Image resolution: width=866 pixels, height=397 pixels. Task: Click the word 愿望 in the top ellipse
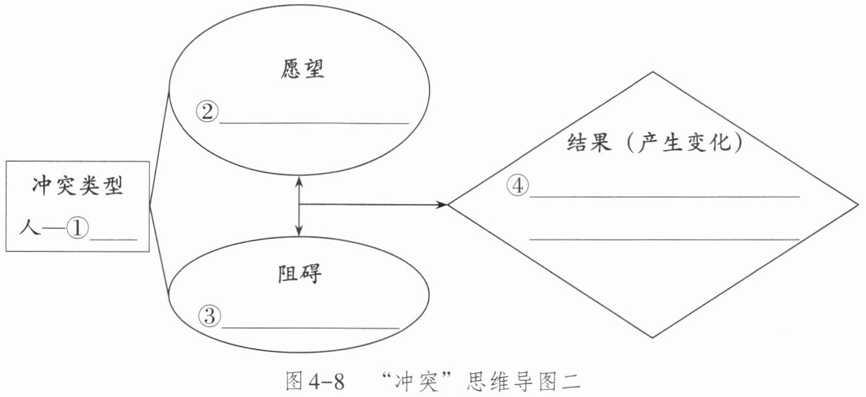[302, 70]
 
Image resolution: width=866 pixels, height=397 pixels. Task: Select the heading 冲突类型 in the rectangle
[77, 187]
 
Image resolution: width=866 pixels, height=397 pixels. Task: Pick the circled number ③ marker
[210, 317]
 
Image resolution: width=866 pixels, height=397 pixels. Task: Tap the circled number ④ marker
[517, 186]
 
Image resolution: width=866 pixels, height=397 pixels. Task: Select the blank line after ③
[311, 327]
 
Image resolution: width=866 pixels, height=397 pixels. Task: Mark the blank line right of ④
[664, 196]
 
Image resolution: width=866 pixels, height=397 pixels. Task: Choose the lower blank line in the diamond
[664, 240]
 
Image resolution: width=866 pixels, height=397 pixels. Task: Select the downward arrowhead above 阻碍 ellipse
[299, 231]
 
